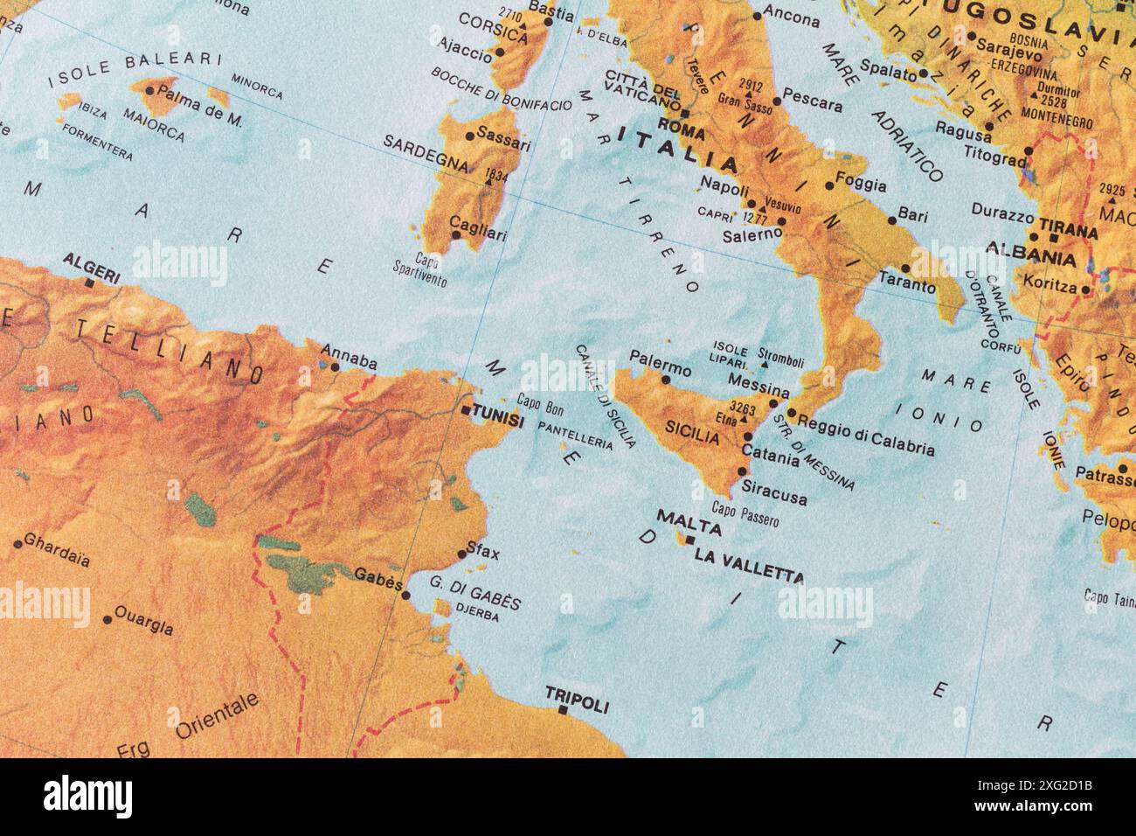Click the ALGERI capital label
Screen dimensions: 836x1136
(x=92, y=261)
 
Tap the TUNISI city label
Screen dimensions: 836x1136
(x=497, y=420)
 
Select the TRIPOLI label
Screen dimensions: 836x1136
(x=577, y=696)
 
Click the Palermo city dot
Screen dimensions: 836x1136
(x=666, y=380)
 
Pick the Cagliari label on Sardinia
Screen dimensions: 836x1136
(x=478, y=233)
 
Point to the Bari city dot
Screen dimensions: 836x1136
(x=891, y=220)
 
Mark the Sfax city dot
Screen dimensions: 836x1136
(x=462, y=554)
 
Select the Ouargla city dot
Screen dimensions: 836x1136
(x=107, y=619)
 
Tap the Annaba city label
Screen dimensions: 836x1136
(x=349, y=361)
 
